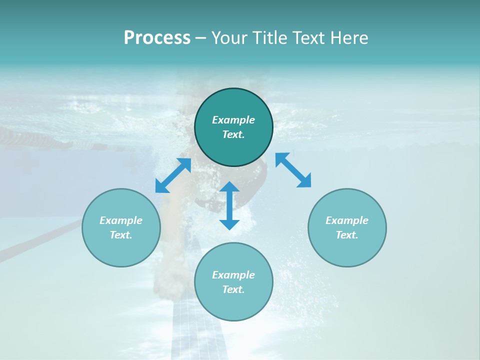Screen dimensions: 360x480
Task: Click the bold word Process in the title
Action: [157, 38]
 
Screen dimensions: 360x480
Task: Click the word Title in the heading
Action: [270, 38]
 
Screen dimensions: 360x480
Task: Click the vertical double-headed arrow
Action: [229, 205]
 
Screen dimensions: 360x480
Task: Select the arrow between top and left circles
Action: [173, 175]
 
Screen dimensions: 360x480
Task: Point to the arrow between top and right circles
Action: [293, 170]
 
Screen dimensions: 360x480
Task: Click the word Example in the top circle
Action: [233, 120]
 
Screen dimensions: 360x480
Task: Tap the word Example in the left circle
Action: [121, 220]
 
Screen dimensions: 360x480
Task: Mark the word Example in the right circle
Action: [347, 220]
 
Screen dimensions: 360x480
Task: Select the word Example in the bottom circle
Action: [233, 275]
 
